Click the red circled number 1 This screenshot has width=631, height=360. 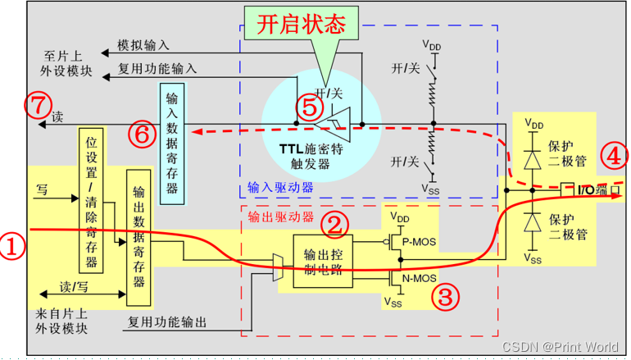pyautogui.click(x=11, y=244)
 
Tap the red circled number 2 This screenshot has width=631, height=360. pyautogui.click(x=334, y=222)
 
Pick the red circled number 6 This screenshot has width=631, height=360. pyautogui.click(x=141, y=134)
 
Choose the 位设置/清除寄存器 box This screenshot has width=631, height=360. pyautogui.click(x=91, y=199)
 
